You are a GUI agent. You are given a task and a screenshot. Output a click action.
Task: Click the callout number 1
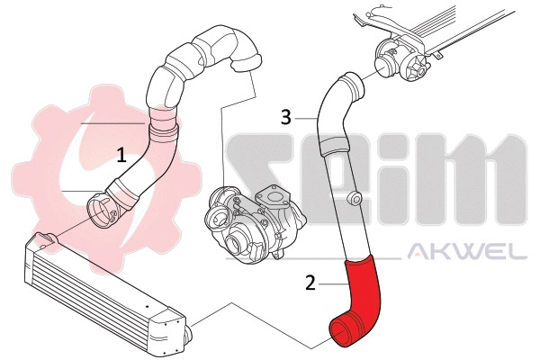(x=121, y=155)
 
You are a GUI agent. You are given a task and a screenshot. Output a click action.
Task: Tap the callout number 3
(x=285, y=117)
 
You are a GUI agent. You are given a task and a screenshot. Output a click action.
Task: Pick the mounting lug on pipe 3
(x=355, y=198)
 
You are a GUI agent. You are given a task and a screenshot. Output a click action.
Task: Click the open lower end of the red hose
(x=341, y=335)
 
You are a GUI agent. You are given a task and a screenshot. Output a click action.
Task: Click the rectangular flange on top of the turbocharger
(x=270, y=193)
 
